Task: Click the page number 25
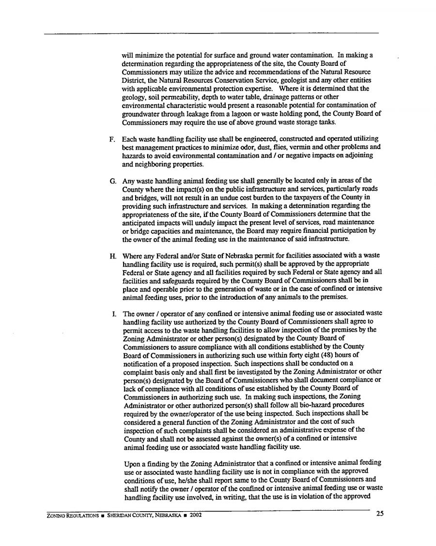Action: pos(380,514)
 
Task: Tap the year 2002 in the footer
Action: pos(195,515)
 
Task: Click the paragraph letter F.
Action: pos(112,139)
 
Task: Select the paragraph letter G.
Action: pos(113,181)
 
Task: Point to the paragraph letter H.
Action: pos(112,256)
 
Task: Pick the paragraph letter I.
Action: pos(113,313)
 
